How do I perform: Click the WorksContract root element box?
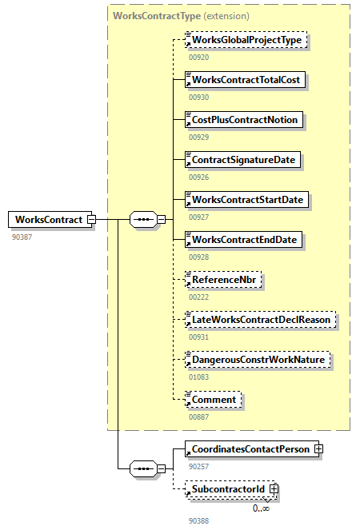tap(50, 219)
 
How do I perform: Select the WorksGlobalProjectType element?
tap(246, 39)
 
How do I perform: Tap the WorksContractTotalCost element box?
tap(245, 79)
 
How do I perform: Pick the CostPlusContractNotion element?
tap(244, 119)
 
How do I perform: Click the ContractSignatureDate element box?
tap(242, 160)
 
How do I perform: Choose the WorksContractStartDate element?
tap(246, 199)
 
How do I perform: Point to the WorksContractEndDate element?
tap(243, 239)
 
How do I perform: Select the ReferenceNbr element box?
tap(223, 280)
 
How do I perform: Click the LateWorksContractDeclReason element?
tap(260, 320)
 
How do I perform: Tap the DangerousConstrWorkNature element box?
tap(258, 359)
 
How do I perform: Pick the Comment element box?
tap(213, 400)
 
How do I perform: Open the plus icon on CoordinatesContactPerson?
tap(318, 449)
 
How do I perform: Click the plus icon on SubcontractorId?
tap(274, 488)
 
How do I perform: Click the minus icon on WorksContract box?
tap(91, 219)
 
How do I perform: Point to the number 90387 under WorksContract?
tap(22, 237)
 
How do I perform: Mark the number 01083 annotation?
tap(198, 377)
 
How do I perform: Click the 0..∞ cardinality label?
tap(262, 508)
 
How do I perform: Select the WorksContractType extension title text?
tap(181, 16)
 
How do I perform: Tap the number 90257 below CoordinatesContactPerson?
tap(198, 467)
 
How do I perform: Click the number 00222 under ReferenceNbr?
tap(198, 297)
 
